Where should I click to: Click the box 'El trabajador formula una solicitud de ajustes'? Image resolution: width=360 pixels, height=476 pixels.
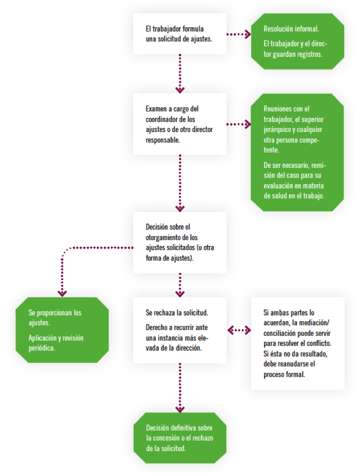[x=180, y=34]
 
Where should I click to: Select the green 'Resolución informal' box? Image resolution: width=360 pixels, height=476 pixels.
[x=297, y=41]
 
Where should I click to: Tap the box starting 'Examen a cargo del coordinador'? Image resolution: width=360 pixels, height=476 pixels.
[x=180, y=124]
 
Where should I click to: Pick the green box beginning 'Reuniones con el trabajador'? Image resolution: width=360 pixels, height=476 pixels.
[x=297, y=152]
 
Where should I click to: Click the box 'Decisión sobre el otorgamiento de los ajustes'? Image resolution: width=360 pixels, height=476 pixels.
[x=180, y=242]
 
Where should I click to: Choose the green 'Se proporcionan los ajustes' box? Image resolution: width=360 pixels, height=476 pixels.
[x=62, y=330]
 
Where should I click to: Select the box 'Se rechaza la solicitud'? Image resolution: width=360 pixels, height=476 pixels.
[x=180, y=330]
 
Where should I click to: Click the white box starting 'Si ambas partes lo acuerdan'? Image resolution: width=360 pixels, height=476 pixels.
[x=297, y=343]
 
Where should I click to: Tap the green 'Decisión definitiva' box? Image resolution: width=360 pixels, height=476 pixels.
[x=180, y=438]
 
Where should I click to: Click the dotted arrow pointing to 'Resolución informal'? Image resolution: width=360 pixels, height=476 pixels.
[x=239, y=34]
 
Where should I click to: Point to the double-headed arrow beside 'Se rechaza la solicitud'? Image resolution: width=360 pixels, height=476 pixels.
[x=239, y=330]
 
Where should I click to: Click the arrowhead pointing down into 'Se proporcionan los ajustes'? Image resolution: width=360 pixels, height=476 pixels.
[x=62, y=292]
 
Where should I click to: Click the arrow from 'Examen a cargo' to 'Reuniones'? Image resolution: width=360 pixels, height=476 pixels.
[x=239, y=124]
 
